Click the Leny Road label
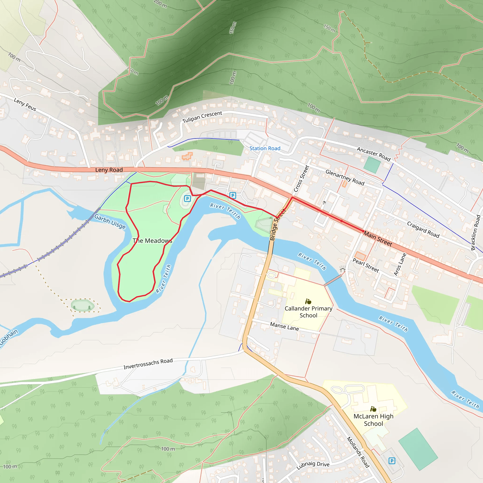point(109,170)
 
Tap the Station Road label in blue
point(265,148)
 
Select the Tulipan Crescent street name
point(202,117)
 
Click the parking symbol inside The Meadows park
point(187,199)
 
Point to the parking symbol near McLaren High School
point(392,461)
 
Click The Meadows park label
point(152,241)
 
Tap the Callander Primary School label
point(308,312)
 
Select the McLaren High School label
point(373,420)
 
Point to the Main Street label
point(378,238)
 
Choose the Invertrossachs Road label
point(148,364)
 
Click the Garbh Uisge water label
point(110,221)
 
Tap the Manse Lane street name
point(284,326)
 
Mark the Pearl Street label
point(366,265)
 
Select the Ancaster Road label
point(374,154)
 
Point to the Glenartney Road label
point(345,177)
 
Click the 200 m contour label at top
point(160,4)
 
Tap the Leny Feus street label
point(25,104)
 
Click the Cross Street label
point(301,179)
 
